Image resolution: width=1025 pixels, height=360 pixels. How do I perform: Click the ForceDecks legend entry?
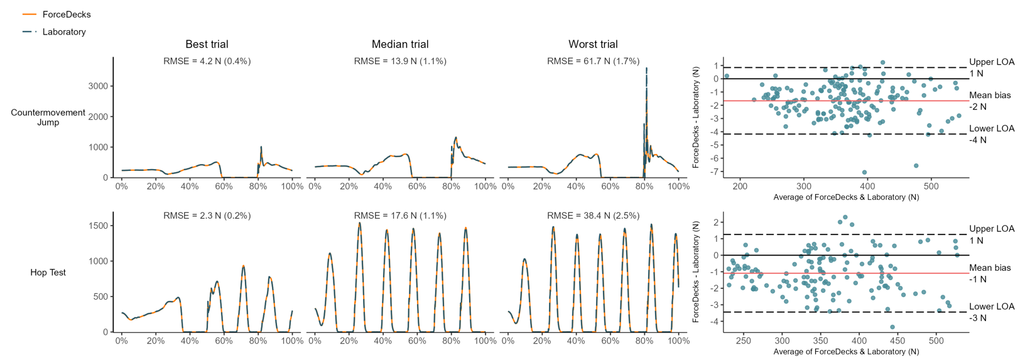[x=57, y=14]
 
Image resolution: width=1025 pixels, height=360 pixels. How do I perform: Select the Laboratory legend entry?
[x=54, y=31]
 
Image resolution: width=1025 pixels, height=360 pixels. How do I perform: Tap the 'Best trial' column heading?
[x=207, y=44]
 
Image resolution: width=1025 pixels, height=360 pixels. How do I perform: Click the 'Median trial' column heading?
[x=400, y=44]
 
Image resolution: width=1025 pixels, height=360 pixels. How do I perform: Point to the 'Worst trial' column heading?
[x=593, y=44]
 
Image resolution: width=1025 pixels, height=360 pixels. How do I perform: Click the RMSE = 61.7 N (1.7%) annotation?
[x=593, y=61]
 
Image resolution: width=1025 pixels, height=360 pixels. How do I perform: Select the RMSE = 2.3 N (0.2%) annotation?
[x=207, y=215]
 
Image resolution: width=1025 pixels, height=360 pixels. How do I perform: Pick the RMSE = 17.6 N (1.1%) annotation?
[x=400, y=215]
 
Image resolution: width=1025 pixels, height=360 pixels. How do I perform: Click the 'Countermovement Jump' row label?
[x=48, y=117]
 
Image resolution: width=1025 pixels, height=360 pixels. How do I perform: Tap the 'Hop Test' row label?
[x=48, y=272]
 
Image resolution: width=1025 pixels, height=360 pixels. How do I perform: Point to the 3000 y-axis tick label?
[x=99, y=86]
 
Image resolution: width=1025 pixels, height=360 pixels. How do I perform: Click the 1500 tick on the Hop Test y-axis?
[x=99, y=226]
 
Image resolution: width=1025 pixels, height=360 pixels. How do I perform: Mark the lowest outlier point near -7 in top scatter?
[x=864, y=172]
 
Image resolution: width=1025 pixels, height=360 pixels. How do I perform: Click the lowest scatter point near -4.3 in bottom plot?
[x=892, y=327]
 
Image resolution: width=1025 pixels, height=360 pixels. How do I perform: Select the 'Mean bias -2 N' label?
[x=990, y=101]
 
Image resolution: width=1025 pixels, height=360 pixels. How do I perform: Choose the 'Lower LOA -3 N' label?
[x=992, y=312]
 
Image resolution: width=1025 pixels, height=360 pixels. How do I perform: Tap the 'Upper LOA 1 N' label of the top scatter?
[x=992, y=67]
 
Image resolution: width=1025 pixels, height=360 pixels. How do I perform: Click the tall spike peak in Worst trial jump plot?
[x=646, y=68]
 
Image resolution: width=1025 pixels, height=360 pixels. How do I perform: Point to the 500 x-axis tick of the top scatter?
[x=931, y=187]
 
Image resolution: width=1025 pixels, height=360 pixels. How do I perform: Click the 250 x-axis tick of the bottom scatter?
[x=743, y=341]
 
